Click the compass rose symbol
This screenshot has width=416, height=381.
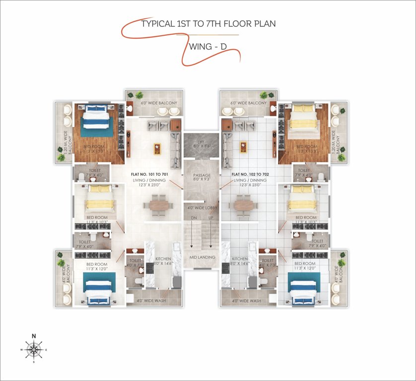34,349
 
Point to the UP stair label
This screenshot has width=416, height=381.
211,218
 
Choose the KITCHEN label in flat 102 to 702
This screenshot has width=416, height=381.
240,259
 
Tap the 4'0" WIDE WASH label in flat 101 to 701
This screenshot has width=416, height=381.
152,301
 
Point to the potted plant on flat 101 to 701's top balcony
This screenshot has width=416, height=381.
139,95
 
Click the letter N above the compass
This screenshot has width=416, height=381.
34,336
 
